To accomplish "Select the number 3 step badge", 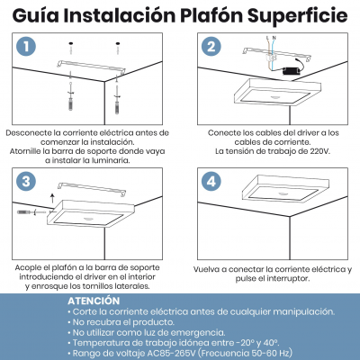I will coord(28,181).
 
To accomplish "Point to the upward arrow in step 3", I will coord(51,194).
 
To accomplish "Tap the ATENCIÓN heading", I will coord(93,300).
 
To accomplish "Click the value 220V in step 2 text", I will coord(295,151).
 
